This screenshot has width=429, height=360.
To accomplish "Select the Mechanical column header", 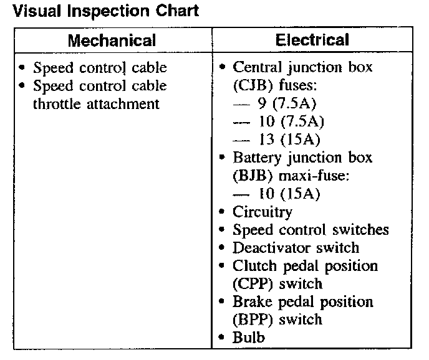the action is tap(112, 41).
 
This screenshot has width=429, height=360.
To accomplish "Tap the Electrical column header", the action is tap(312, 40).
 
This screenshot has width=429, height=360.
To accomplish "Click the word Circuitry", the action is tap(262, 212).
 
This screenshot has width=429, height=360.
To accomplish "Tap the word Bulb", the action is tap(249, 338).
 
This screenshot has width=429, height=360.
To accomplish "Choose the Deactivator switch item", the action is tap(296, 248).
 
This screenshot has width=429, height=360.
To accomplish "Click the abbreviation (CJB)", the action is tap(251, 85).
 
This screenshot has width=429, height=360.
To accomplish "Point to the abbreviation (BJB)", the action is tap(251, 176).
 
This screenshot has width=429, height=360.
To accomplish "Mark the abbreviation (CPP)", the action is tap(251, 284).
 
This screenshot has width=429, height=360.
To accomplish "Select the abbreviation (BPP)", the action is tap(251, 320).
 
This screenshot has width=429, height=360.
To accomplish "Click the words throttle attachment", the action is tap(96, 103).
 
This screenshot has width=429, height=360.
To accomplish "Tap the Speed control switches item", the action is tap(311, 230).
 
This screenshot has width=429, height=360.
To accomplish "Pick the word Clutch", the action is tap(254, 266).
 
